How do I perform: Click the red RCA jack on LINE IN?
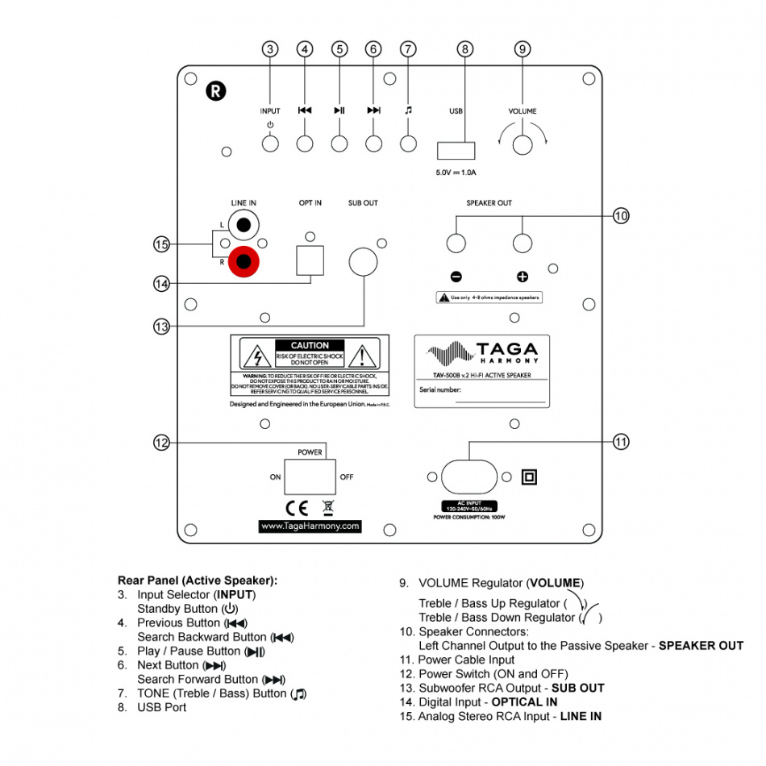[244, 261]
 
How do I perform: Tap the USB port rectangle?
[456, 150]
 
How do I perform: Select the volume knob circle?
[522, 144]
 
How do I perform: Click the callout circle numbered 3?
[270, 49]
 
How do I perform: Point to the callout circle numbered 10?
[620, 215]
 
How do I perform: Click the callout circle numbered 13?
[161, 326]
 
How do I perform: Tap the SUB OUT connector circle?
[363, 261]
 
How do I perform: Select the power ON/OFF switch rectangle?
[310, 477]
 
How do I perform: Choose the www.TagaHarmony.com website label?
[310, 526]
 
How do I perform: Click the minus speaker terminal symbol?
[456, 277]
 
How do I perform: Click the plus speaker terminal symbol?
[522, 277]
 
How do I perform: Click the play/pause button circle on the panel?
[339, 144]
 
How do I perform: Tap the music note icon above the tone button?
[408, 110]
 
